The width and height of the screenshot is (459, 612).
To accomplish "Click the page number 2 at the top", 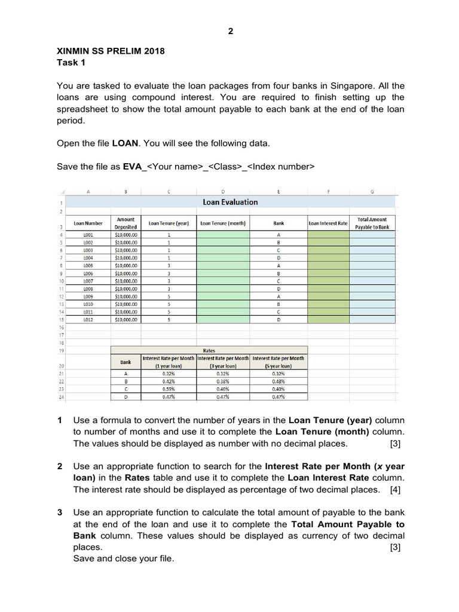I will point(230,32).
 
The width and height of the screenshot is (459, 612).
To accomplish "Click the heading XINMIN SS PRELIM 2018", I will point(111,51).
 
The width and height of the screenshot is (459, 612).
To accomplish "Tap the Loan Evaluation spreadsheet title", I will point(230,202).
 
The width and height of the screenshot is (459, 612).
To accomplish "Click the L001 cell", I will point(88,235).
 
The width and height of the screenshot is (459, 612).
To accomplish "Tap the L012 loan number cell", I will point(88,320).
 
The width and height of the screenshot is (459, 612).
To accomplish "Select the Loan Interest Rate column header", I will point(328,224).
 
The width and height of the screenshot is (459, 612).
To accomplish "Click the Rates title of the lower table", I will point(209,351).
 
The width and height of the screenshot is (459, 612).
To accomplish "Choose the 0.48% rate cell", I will point(278,381).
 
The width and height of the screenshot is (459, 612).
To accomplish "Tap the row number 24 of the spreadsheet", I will point(62,396).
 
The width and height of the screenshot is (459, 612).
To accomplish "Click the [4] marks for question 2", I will point(395,489).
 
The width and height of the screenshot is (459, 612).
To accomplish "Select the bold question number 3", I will point(60,513).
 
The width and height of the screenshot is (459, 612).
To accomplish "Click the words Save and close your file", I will point(124,558).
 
